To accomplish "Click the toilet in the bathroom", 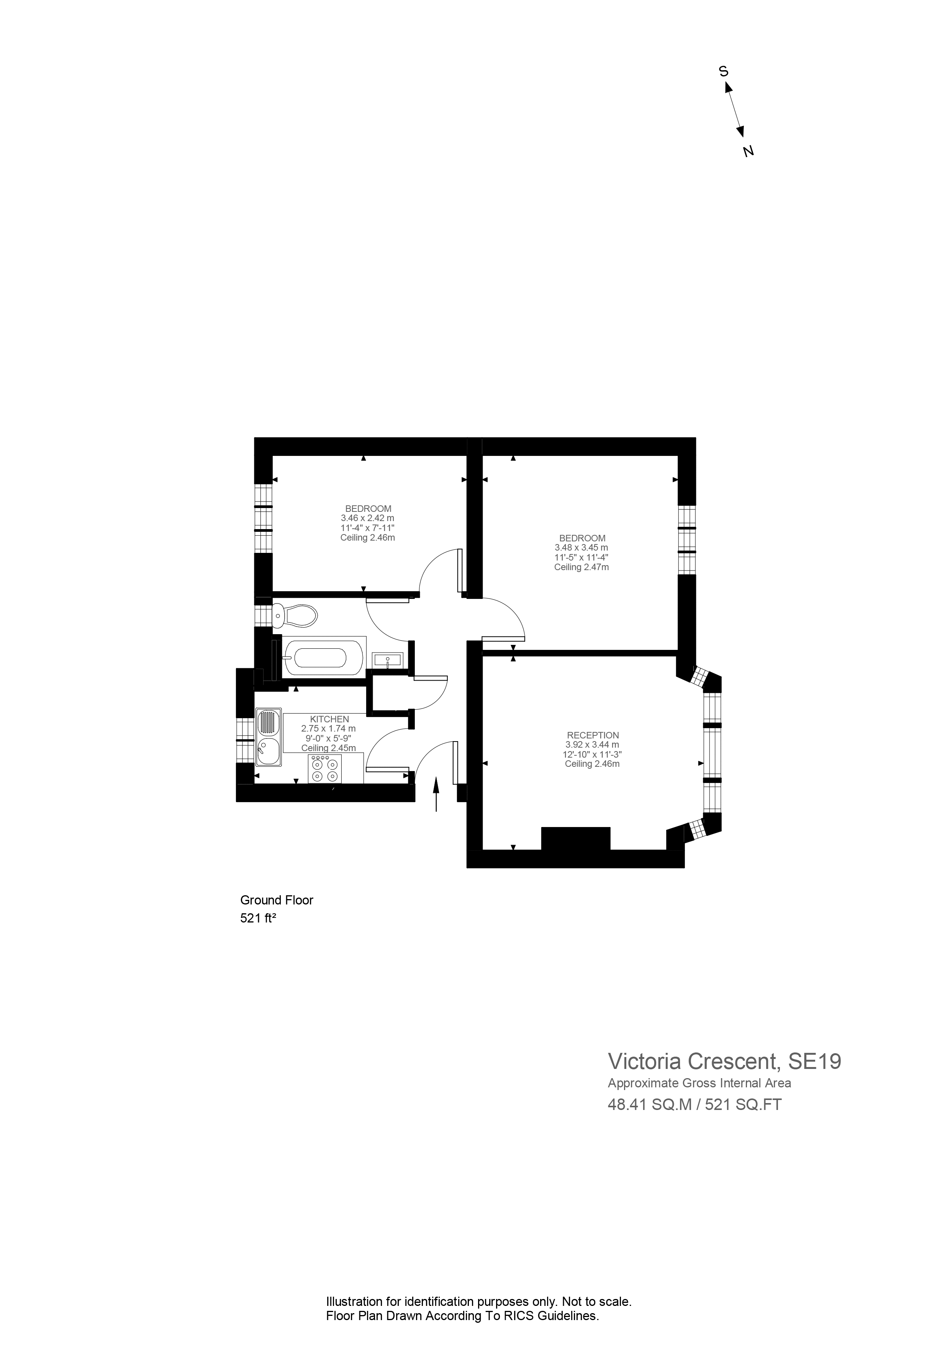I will (296, 616).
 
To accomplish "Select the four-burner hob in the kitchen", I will (325, 769).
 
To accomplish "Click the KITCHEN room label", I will (329, 719).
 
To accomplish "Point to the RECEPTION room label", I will (592, 735).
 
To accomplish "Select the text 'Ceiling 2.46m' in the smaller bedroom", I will (368, 537).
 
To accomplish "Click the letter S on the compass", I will (724, 71).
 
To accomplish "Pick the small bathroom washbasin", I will (387, 660).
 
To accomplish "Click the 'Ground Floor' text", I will (277, 900).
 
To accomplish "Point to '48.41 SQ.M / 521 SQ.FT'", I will (695, 1105).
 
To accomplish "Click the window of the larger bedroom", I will (686, 539).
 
